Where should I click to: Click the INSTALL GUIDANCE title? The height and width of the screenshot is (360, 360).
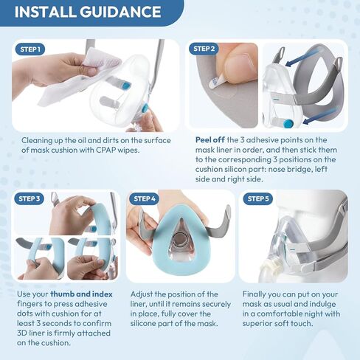pyautogui.click(x=87, y=12)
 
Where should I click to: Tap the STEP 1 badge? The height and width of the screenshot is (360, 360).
pyautogui.click(x=30, y=49)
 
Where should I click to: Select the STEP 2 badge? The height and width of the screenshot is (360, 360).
pyautogui.click(x=204, y=49)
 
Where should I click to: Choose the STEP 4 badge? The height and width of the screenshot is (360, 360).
pyautogui.click(x=144, y=198)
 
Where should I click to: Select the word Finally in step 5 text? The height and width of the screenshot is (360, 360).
pyautogui.click(x=255, y=294)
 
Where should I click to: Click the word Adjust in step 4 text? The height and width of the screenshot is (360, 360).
pyautogui.click(x=143, y=294)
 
